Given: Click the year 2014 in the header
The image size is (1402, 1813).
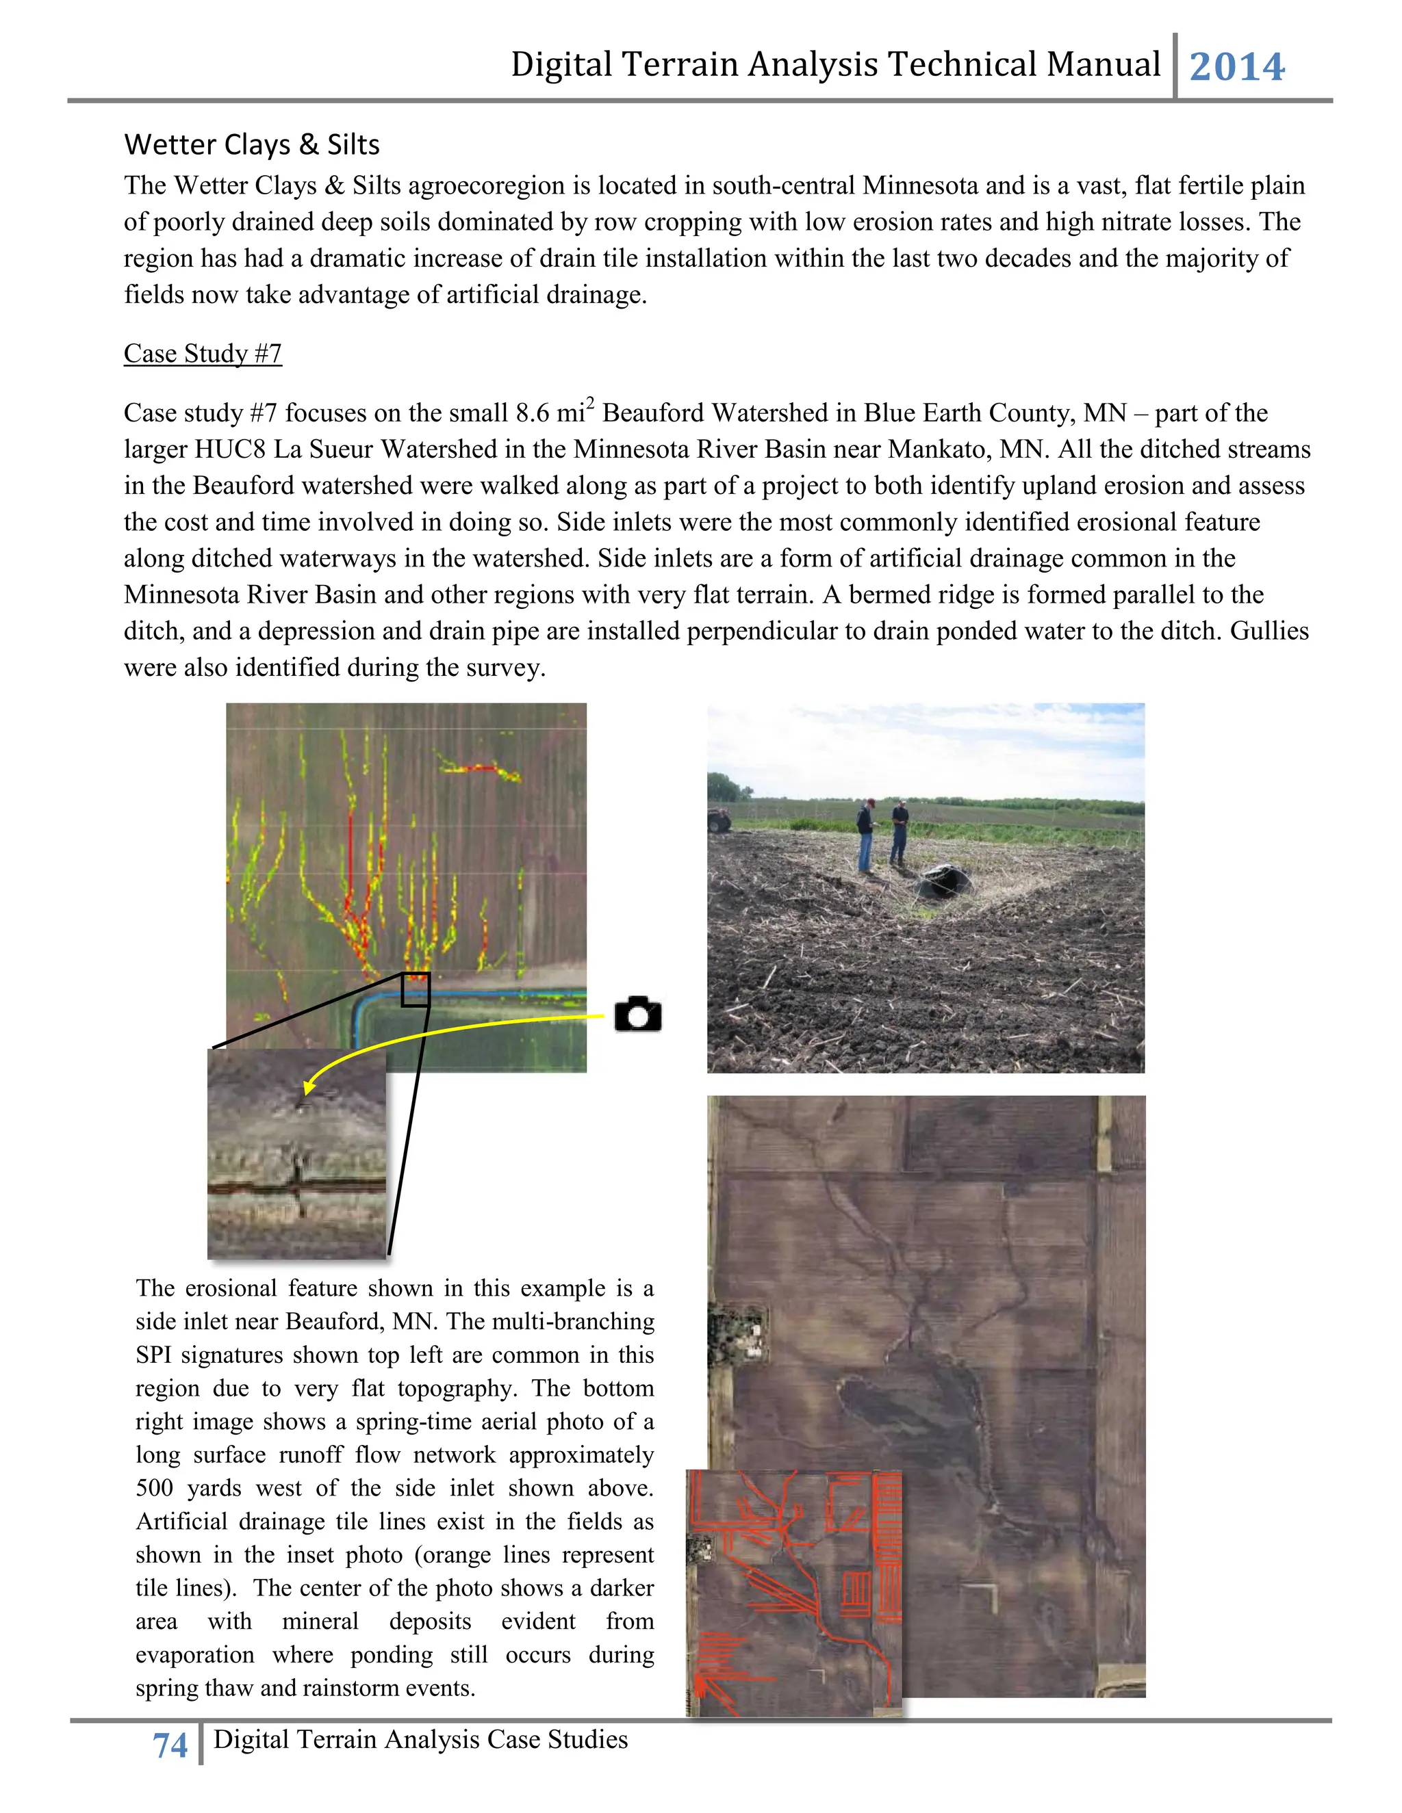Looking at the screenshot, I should click(1237, 66).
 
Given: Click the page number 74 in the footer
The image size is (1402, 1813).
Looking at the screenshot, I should click(170, 1746).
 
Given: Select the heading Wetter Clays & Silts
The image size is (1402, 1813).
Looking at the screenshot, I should click(252, 144).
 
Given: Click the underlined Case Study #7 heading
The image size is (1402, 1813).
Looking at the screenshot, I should click(203, 354).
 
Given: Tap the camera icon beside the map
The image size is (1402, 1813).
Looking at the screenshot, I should click(638, 1014).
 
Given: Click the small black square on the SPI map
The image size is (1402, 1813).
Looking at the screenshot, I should click(416, 989).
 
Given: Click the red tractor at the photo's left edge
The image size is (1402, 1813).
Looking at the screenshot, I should click(718, 818).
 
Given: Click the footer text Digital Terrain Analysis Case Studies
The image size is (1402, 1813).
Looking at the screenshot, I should click(420, 1739).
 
